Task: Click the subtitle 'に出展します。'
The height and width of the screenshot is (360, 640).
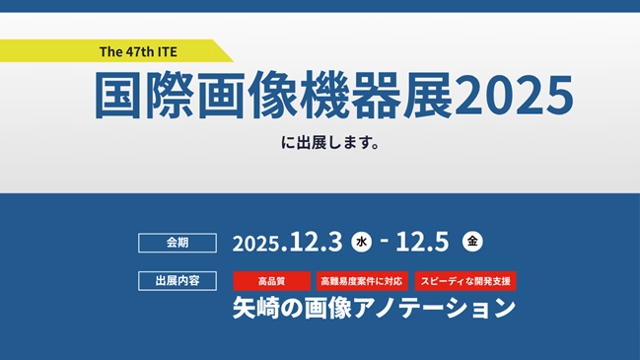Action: pyautogui.click(x=329, y=142)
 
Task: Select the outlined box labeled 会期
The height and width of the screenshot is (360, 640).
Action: pyautogui.click(x=177, y=241)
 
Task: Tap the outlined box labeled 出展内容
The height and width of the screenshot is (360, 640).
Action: pyautogui.click(x=177, y=281)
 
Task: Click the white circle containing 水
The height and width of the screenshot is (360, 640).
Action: pyautogui.click(x=362, y=241)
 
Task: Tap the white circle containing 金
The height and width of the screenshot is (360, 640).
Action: pyautogui.click(x=473, y=241)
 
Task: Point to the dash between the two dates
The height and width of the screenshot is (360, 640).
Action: pyautogui.click(x=384, y=241)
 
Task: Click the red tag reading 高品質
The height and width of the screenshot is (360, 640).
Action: pyautogui.click(x=271, y=281)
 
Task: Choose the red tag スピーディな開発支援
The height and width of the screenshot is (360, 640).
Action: pyautogui.click(x=464, y=281)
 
